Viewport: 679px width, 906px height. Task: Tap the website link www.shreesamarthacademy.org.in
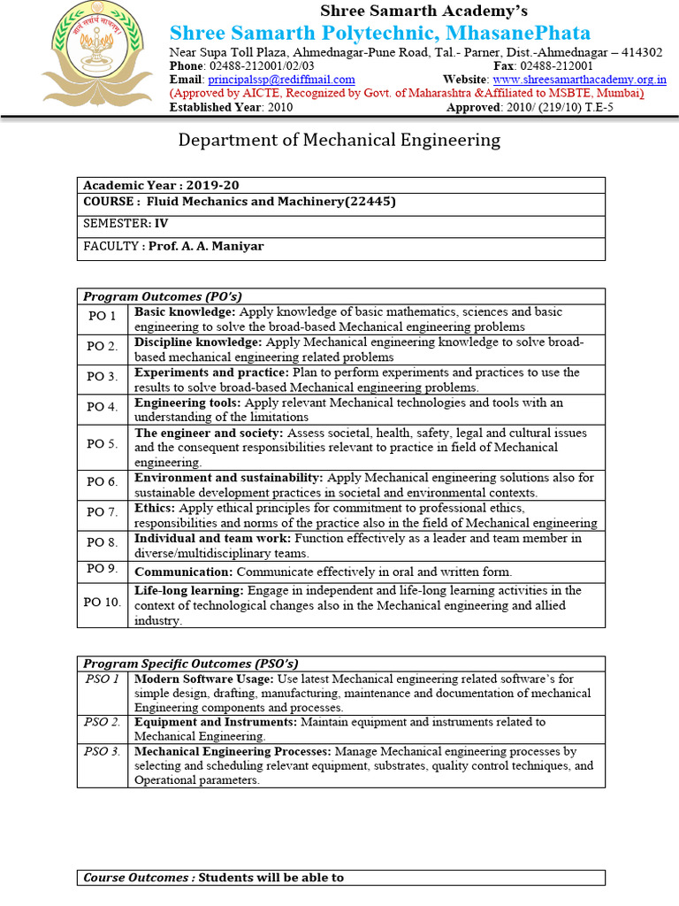pos(579,80)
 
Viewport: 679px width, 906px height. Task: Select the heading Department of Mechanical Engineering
pos(339,140)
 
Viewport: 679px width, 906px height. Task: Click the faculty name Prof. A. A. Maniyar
pos(206,246)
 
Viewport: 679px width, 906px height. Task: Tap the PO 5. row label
pos(103,443)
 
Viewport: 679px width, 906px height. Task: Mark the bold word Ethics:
pos(155,509)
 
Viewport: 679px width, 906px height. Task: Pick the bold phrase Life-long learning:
pos(189,590)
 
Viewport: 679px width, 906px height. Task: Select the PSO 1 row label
pos(103,679)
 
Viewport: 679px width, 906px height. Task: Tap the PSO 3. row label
pos(103,752)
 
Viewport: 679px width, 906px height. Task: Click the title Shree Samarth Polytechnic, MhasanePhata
pos(379,34)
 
